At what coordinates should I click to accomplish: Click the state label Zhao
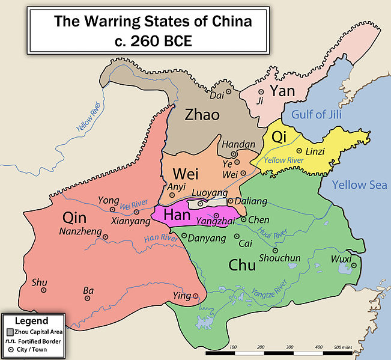202,114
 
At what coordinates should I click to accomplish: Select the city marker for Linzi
300,151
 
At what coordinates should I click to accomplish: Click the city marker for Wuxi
354,265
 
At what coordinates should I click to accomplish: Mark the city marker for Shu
43,290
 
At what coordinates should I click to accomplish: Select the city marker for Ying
196,296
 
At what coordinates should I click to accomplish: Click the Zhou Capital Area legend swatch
10,332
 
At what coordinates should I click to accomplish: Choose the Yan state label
282,91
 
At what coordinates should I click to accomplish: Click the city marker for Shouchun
275,250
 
